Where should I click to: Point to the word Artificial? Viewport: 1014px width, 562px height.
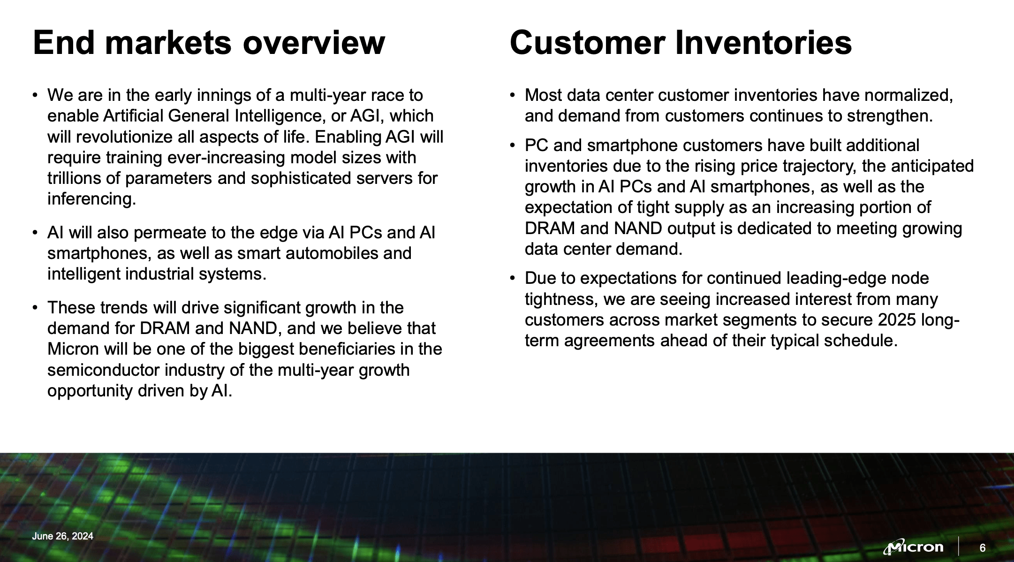(x=133, y=116)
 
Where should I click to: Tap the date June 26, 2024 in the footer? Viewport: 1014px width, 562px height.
(x=62, y=536)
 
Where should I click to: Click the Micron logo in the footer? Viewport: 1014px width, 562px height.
(x=913, y=547)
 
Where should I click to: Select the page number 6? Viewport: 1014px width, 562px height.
(x=983, y=548)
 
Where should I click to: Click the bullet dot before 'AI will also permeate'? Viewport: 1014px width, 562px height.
(x=35, y=233)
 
